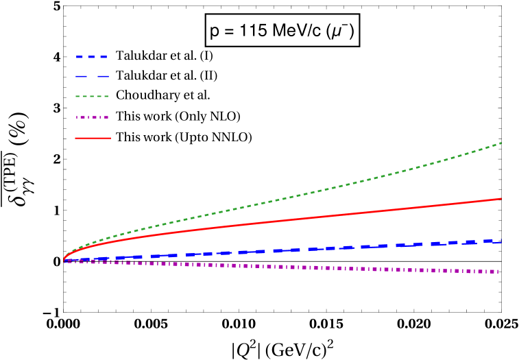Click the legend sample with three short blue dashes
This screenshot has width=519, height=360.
(x=91, y=57)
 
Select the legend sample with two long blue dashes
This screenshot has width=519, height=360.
(x=92, y=77)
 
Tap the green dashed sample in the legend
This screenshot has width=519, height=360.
(x=92, y=97)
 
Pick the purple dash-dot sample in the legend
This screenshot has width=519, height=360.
(x=92, y=117)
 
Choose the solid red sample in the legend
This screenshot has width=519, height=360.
(x=93, y=138)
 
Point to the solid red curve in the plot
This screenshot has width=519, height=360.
(x=309, y=217)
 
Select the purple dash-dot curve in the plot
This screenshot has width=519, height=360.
(x=309, y=267)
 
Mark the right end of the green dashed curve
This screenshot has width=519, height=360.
(x=501, y=143)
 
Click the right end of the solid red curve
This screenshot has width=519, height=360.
(x=501, y=198)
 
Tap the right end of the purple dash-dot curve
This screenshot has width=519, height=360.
(x=498, y=272)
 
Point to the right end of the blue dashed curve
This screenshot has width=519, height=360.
(x=501, y=241)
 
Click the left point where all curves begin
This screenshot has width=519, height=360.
(x=64, y=261)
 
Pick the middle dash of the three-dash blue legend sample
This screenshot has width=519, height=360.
(x=91, y=57)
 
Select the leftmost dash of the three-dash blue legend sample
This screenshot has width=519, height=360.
(x=80, y=57)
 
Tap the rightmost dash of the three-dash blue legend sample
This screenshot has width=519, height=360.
(x=103, y=57)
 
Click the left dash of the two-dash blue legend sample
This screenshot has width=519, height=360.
(x=82, y=77)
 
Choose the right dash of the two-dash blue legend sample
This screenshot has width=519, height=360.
(x=102, y=77)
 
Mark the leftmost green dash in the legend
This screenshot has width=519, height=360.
(x=77, y=97)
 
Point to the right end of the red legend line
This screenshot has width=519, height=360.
(x=110, y=138)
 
